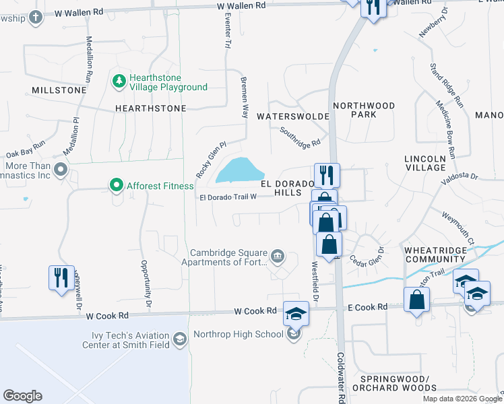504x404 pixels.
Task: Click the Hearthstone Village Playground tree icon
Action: click(x=119, y=81)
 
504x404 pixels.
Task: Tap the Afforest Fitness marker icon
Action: click(x=116, y=184)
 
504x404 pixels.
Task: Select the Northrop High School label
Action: click(x=239, y=334)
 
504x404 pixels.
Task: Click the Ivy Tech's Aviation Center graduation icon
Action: click(x=180, y=339)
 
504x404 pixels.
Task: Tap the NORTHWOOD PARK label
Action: click(x=364, y=110)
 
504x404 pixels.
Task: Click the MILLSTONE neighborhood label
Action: click(x=59, y=90)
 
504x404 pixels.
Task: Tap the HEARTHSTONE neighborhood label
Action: click(x=150, y=108)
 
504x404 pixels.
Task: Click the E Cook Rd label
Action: click(x=368, y=307)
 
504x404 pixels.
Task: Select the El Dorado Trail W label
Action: click(x=228, y=197)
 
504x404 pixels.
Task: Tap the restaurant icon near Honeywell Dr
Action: click(x=61, y=277)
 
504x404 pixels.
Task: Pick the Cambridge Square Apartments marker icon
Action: click(x=277, y=256)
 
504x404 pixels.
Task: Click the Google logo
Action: click(x=22, y=396)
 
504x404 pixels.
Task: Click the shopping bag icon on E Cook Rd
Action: click(x=416, y=300)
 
